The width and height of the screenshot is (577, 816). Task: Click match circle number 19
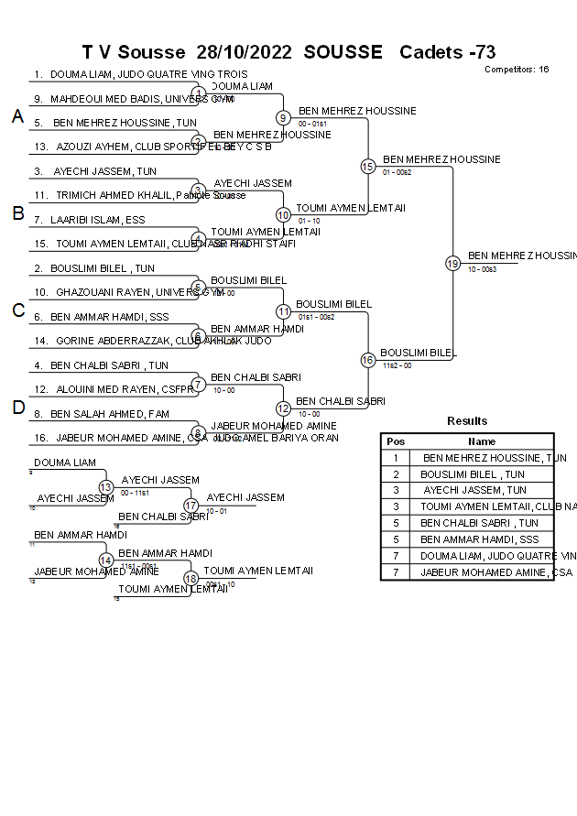[452, 264]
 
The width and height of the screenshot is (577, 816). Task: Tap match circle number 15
[367, 166]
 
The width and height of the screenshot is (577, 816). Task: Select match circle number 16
[367, 360]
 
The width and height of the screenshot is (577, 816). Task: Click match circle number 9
[283, 117]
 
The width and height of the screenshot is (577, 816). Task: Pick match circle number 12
[283, 408]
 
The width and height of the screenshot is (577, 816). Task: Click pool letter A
[17, 116]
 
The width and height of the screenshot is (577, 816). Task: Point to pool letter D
[17, 408]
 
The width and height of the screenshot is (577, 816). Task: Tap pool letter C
[17, 311]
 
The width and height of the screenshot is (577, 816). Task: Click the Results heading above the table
[467, 421]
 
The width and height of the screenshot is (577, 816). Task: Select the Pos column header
[396, 441]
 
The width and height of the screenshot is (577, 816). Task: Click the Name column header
[482, 441]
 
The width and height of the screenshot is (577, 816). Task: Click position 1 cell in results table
[396, 458]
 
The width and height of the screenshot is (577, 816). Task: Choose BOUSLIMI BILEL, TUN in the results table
[473, 474]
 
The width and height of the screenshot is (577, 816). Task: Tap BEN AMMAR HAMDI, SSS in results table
[480, 539]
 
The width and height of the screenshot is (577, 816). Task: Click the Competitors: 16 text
[517, 69]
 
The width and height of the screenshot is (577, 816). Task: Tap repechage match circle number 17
[191, 505]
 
